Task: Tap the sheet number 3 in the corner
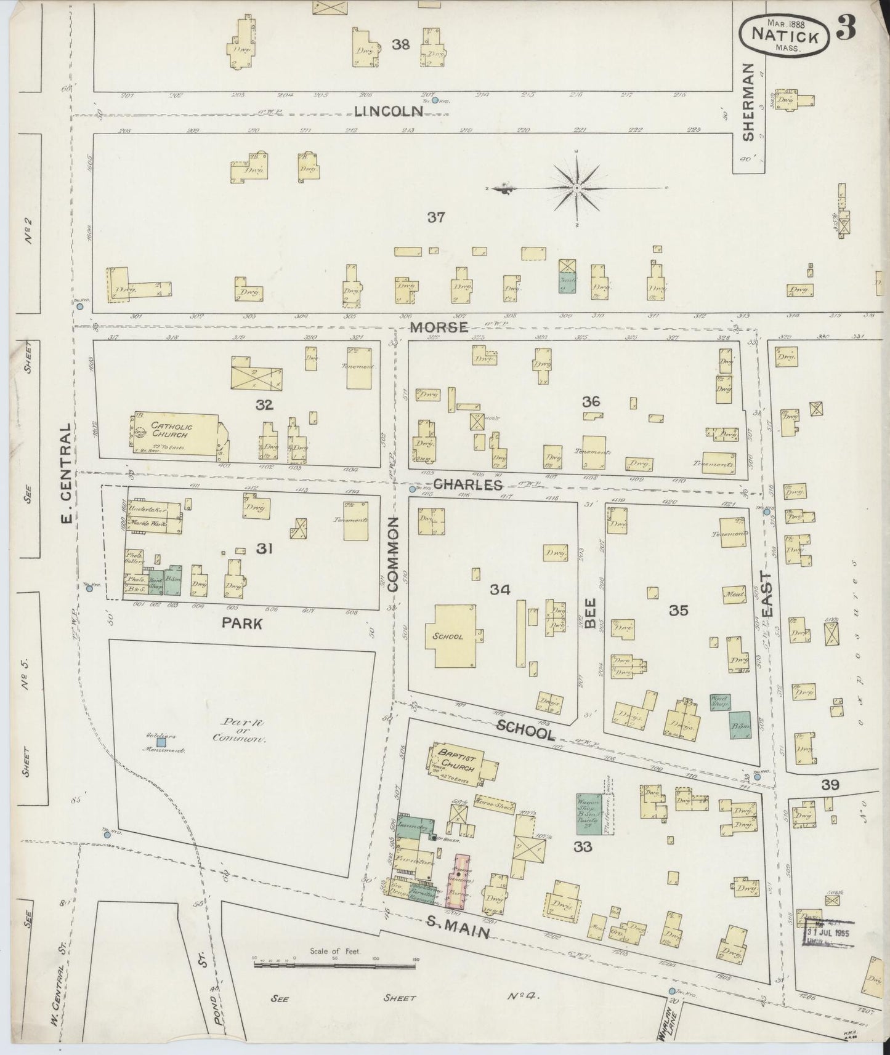coord(847,29)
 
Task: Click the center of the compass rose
coord(576,188)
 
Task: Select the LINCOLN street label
coord(389,111)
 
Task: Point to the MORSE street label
coord(439,327)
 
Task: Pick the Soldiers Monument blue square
coord(161,742)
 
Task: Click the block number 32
coord(265,404)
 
